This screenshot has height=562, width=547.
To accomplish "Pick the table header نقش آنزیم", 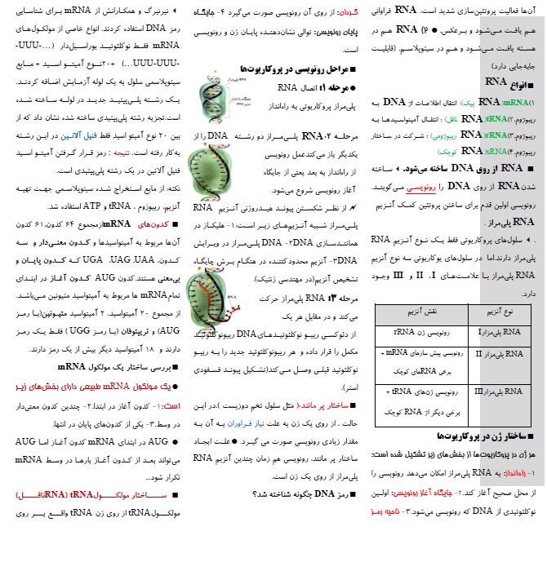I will pos(418,312).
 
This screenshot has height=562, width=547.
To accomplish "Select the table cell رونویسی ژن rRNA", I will pos(419,332).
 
